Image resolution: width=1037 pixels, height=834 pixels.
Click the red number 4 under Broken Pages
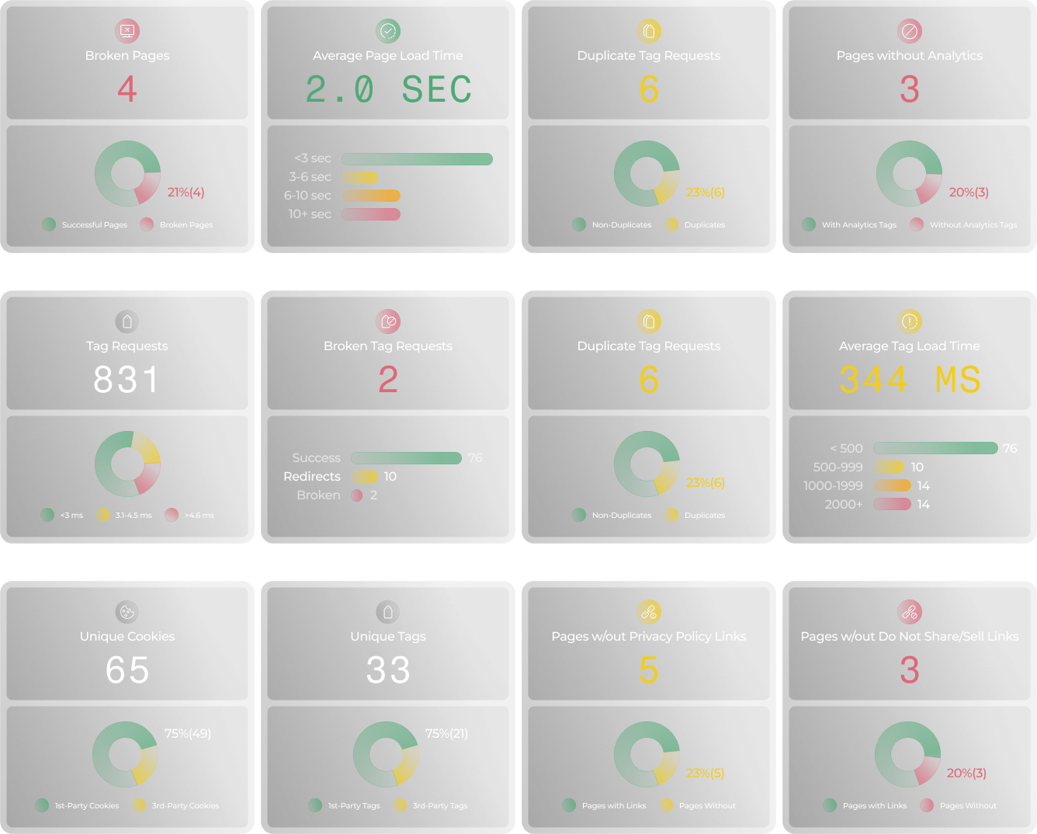click(x=127, y=89)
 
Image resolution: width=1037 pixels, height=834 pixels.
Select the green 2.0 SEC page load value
click(x=388, y=89)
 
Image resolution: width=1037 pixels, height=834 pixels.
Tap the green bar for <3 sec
click(x=417, y=159)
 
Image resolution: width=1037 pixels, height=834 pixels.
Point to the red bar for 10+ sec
click(x=371, y=214)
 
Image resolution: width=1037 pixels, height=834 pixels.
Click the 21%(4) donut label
click(x=186, y=192)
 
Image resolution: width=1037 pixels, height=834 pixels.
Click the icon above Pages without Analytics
click(x=909, y=31)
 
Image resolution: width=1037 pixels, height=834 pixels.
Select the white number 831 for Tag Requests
click(x=127, y=380)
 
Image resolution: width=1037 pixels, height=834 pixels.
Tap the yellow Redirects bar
click(x=364, y=477)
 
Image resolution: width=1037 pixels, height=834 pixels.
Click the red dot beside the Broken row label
click(x=357, y=495)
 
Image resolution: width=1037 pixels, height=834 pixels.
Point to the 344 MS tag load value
click(x=910, y=380)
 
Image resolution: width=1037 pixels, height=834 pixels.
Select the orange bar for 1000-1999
click(x=892, y=485)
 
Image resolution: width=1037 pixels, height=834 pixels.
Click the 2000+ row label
click(x=844, y=504)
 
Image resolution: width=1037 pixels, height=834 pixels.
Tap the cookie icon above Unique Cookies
click(x=127, y=612)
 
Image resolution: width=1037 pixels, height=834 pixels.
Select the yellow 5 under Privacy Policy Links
click(x=649, y=670)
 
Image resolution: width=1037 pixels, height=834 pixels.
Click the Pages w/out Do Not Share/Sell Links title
click(x=910, y=636)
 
